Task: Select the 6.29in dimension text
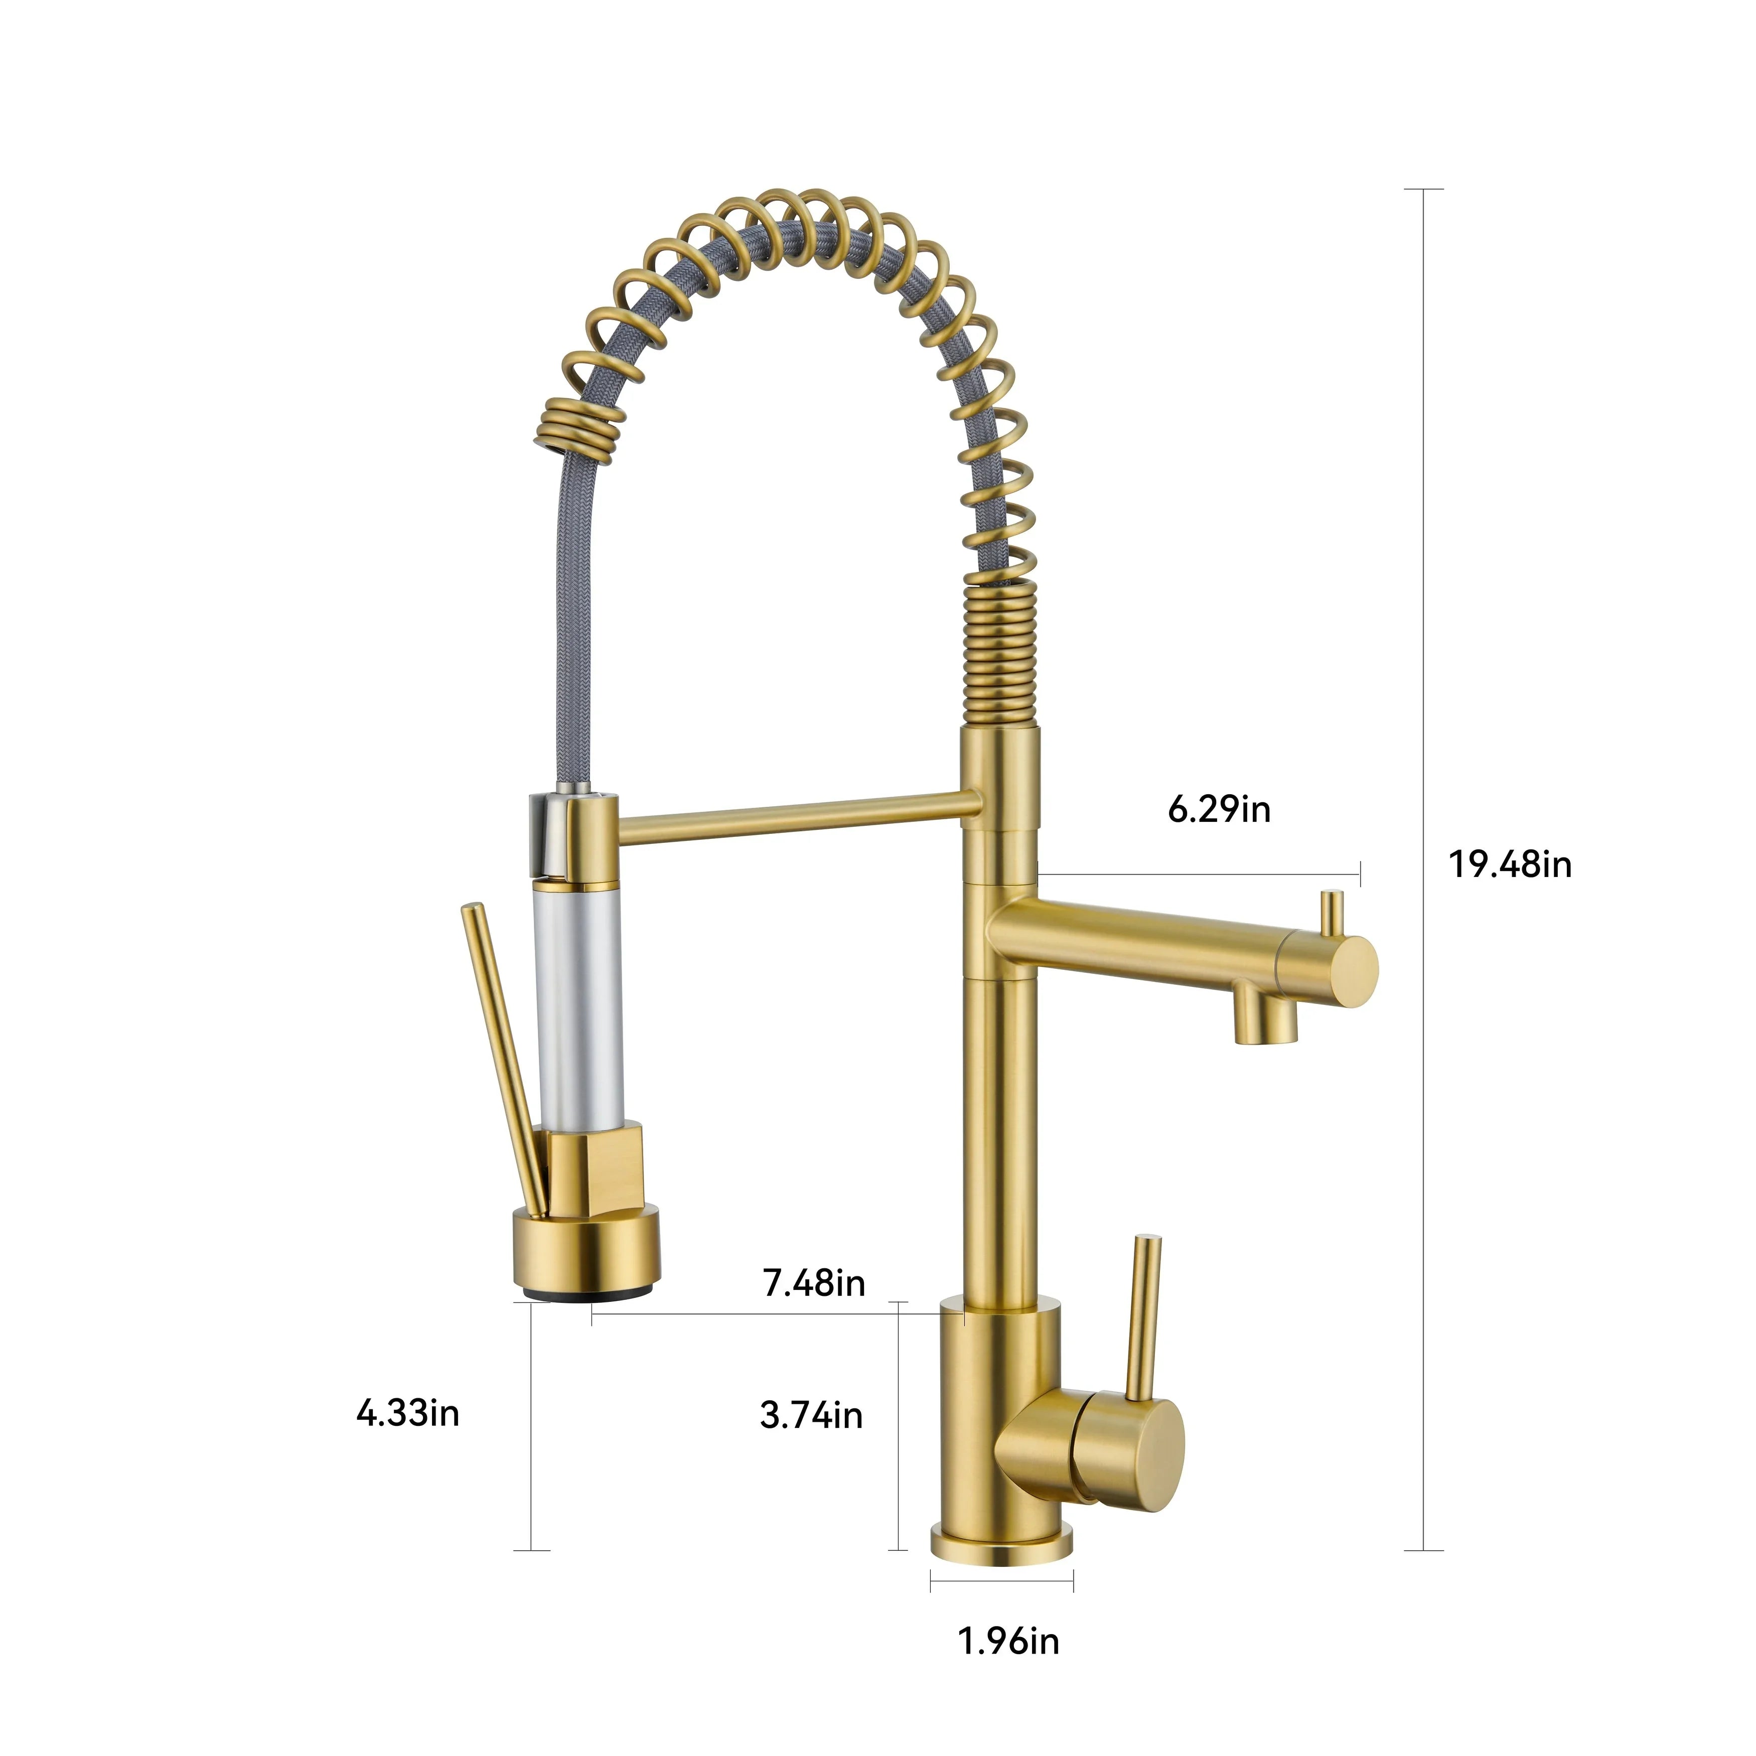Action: tap(1219, 808)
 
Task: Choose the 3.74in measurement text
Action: tap(811, 1415)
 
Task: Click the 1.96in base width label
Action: tap(1009, 1641)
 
